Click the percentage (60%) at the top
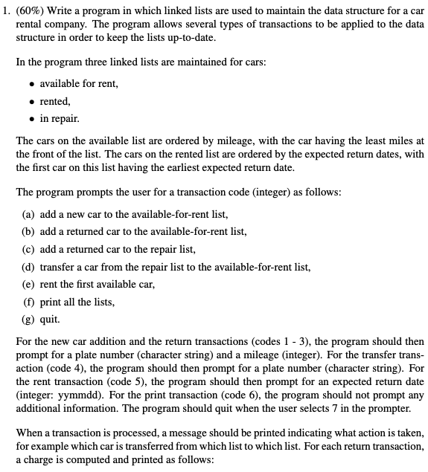[x=30, y=11]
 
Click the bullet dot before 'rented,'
[x=28, y=100]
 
